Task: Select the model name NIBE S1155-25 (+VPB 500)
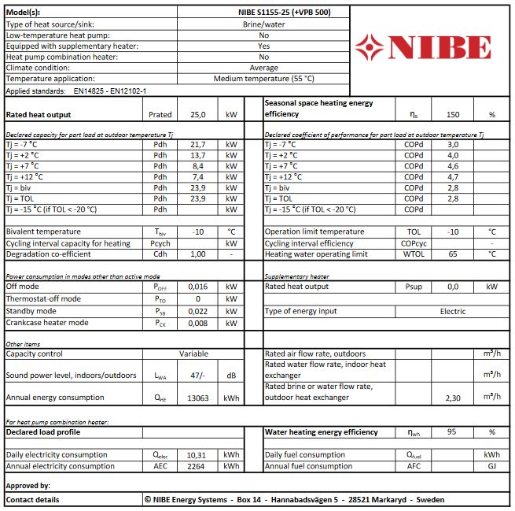coord(263,13)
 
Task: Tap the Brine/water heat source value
coord(263,24)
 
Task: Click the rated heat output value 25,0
coord(197,115)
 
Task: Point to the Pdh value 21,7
coord(197,145)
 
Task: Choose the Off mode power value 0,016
coord(197,288)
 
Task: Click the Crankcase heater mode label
coord(47,323)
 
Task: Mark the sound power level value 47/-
coord(197,376)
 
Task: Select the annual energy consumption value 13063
coord(197,398)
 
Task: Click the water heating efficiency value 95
coord(452,432)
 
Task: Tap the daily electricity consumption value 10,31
coord(197,455)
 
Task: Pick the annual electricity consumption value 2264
coord(197,466)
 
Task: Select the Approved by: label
coord(28,486)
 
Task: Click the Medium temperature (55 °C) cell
coord(263,79)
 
